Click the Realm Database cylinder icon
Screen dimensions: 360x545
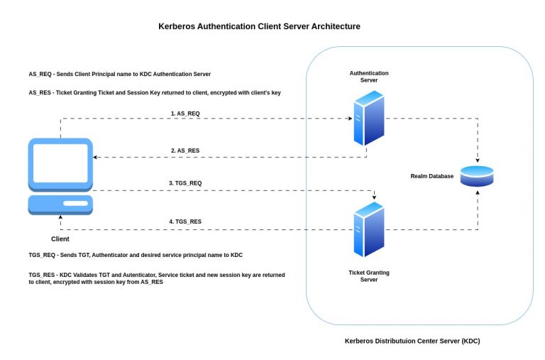tap(476, 176)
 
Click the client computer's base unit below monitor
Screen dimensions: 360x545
tap(60, 204)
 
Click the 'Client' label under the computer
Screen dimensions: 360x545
tap(60, 239)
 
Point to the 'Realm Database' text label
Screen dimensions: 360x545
tap(431, 176)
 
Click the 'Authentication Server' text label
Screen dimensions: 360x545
tap(369, 77)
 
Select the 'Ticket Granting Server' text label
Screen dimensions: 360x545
tap(368, 276)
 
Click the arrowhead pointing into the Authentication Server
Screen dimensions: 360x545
tap(349, 119)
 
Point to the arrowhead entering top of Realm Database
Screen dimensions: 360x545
tap(476, 162)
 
